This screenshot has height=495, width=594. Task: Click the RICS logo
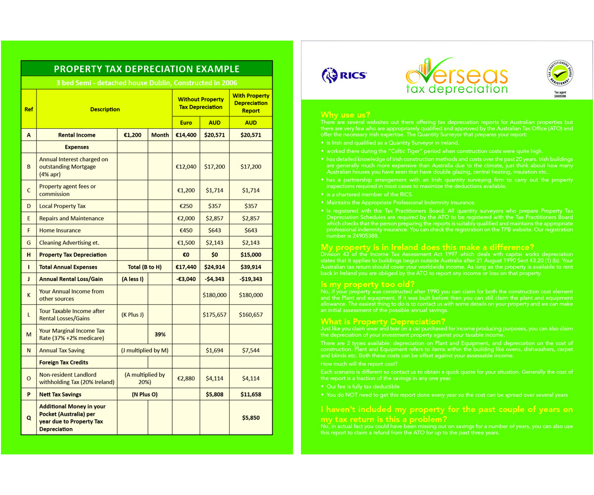[x=344, y=75]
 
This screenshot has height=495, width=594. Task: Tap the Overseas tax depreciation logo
[x=456, y=76]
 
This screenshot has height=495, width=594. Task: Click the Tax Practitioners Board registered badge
[x=560, y=75]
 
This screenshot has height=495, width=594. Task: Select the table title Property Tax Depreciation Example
[x=147, y=69]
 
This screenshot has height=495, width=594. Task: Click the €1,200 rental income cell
[x=132, y=135]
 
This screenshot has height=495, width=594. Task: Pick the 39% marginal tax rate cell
[x=160, y=334]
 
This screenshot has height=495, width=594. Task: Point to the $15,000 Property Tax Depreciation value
[x=251, y=254]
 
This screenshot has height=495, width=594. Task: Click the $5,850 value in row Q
[x=251, y=417]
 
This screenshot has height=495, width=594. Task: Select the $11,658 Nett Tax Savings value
[x=251, y=395]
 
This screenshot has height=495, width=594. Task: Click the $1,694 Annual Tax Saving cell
[x=215, y=350]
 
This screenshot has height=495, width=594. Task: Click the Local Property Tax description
[x=62, y=206]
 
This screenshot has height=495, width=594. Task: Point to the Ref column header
[x=29, y=109]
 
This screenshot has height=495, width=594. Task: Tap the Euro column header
[x=186, y=122]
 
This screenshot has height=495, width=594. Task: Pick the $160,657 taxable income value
[x=251, y=314]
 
